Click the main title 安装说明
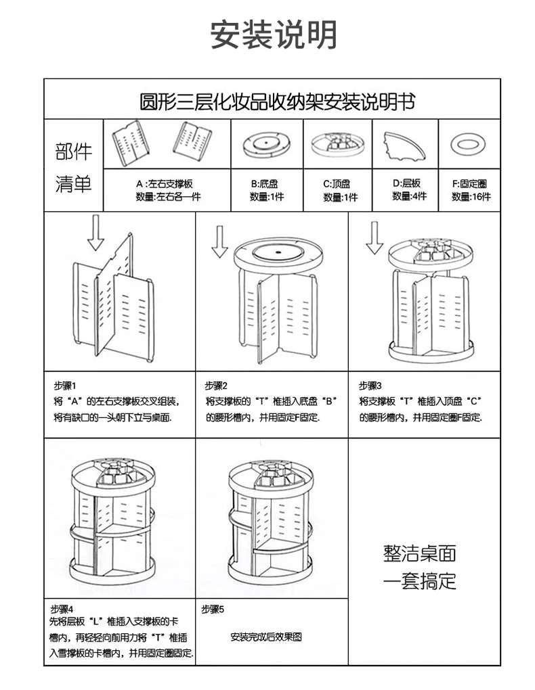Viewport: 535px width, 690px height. click(274, 34)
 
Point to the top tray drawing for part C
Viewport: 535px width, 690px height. click(337, 143)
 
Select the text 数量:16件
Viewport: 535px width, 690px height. click(471, 197)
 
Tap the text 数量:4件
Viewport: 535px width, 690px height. click(409, 196)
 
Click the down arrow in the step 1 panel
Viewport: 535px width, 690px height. click(95, 233)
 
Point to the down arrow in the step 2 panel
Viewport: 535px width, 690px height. click(219, 242)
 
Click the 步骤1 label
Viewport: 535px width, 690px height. click(66, 386)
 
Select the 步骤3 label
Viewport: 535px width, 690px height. click(371, 386)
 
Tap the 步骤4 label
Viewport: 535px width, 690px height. click(62, 608)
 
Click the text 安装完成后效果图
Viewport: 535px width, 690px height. click(265, 637)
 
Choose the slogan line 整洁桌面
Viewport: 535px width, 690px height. click(420, 553)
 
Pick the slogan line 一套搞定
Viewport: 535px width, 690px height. click(420, 580)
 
